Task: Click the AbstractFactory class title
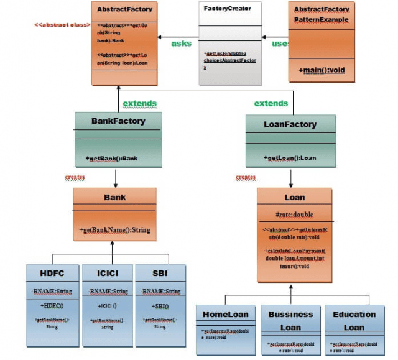pos(124,9)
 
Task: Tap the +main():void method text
pos(322,70)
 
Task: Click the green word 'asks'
pos(182,44)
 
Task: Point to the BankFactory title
pos(118,121)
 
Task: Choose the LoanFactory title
pos(290,124)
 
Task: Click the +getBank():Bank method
pos(112,159)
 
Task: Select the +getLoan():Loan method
pos(290,158)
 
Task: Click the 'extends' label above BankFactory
pos(140,103)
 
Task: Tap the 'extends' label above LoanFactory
pos(271,103)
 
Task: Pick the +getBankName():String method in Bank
pos(115,230)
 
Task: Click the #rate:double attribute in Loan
pos(295,215)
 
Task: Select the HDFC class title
pos(52,274)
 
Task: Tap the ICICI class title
pos(107,274)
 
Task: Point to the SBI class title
pos(160,274)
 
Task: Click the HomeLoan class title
pos(225,315)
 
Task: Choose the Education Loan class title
pos(354,321)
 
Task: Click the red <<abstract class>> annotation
pos(62,25)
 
